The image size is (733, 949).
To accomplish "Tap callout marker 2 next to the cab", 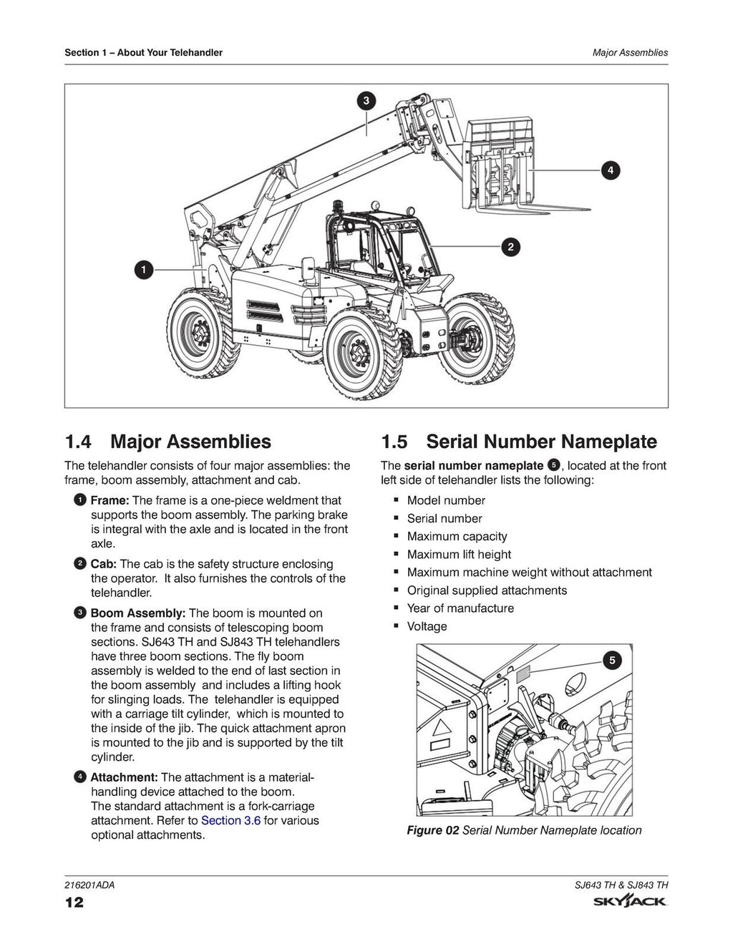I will click(510, 247).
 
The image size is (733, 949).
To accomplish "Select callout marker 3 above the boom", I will click(366, 101).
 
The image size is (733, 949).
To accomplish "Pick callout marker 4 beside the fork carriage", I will click(610, 170).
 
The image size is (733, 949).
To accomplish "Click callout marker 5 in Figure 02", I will click(611, 660).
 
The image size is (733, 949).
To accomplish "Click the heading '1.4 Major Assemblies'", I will click(168, 442).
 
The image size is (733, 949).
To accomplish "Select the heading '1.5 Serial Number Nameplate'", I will click(518, 442).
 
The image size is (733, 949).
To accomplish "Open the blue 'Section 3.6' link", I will click(230, 820).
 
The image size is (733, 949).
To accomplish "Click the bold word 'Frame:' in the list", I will click(110, 500).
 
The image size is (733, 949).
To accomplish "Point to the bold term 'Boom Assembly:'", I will click(138, 613).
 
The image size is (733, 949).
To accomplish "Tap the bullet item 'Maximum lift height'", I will click(459, 554).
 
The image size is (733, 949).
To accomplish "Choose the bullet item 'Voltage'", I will click(427, 626).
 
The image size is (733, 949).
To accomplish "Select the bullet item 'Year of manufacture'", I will click(460, 608).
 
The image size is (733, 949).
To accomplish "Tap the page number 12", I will click(74, 902).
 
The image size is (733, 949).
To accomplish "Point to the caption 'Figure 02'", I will click(432, 830).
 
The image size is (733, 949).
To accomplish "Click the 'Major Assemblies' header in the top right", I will click(630, 52).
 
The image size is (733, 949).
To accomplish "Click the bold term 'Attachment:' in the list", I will click(124, 777).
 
